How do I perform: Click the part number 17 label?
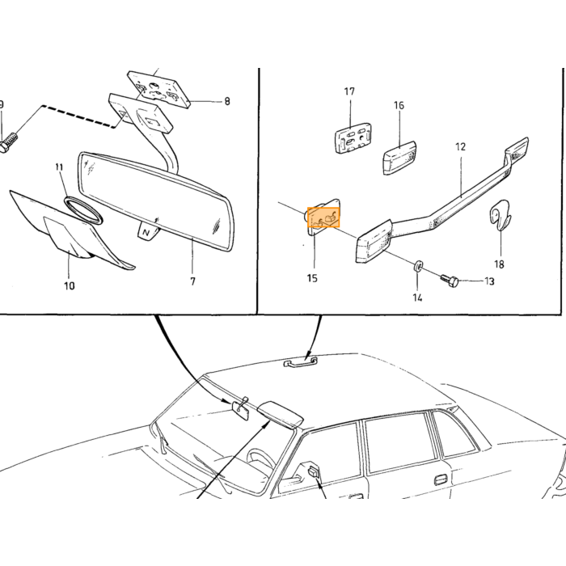[x=349, y=91]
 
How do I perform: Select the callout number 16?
[x=399, y=105]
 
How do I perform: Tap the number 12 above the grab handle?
[x=461, y=147]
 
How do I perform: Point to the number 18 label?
[x=499, y=264]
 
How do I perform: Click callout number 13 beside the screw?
[x=489, y=281]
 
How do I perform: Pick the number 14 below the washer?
[x=417, y=298]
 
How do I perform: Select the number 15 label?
[x=312, y=278]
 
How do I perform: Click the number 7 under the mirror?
[x=192, y=281]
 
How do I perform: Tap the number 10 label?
[x=70, y=286]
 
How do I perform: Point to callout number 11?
[x=59, y=167]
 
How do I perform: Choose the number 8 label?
[x=226, y=101]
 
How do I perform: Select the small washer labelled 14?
[x=418, y=266]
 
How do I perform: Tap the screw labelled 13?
[x=450, y=279]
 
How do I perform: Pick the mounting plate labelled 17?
[x=353, y=137]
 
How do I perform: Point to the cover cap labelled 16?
[x=399, y=158]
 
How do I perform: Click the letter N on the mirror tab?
[x=146, y=233]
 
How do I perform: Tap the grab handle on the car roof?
[x=300, y=362]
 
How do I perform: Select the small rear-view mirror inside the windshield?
[x=240, y=411]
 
